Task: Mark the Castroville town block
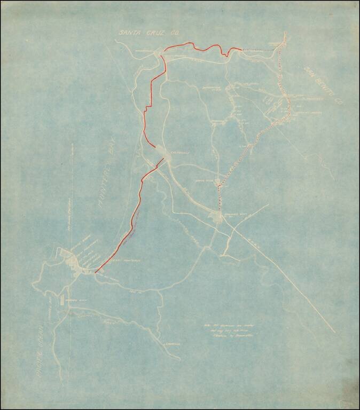coord(161,155)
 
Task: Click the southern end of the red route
coord(95,273)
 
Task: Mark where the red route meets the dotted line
coord(242,49)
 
